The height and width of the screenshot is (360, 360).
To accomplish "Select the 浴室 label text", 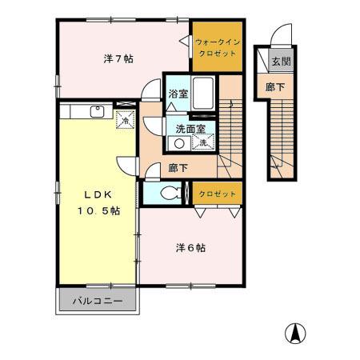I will tap(178, 94).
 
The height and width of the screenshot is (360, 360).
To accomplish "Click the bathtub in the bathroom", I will tap(203, 94).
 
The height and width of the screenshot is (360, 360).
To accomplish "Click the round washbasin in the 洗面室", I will tap(179, 143).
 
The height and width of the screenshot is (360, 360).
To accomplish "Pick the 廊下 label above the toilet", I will tap(178, 169).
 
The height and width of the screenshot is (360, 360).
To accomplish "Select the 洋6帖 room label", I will tap(190, 247).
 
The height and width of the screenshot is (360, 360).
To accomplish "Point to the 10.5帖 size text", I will tap(99, 210).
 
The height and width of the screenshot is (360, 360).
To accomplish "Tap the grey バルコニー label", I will tap(97, 302).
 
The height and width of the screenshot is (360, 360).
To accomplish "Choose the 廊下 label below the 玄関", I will tap(274, 86).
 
